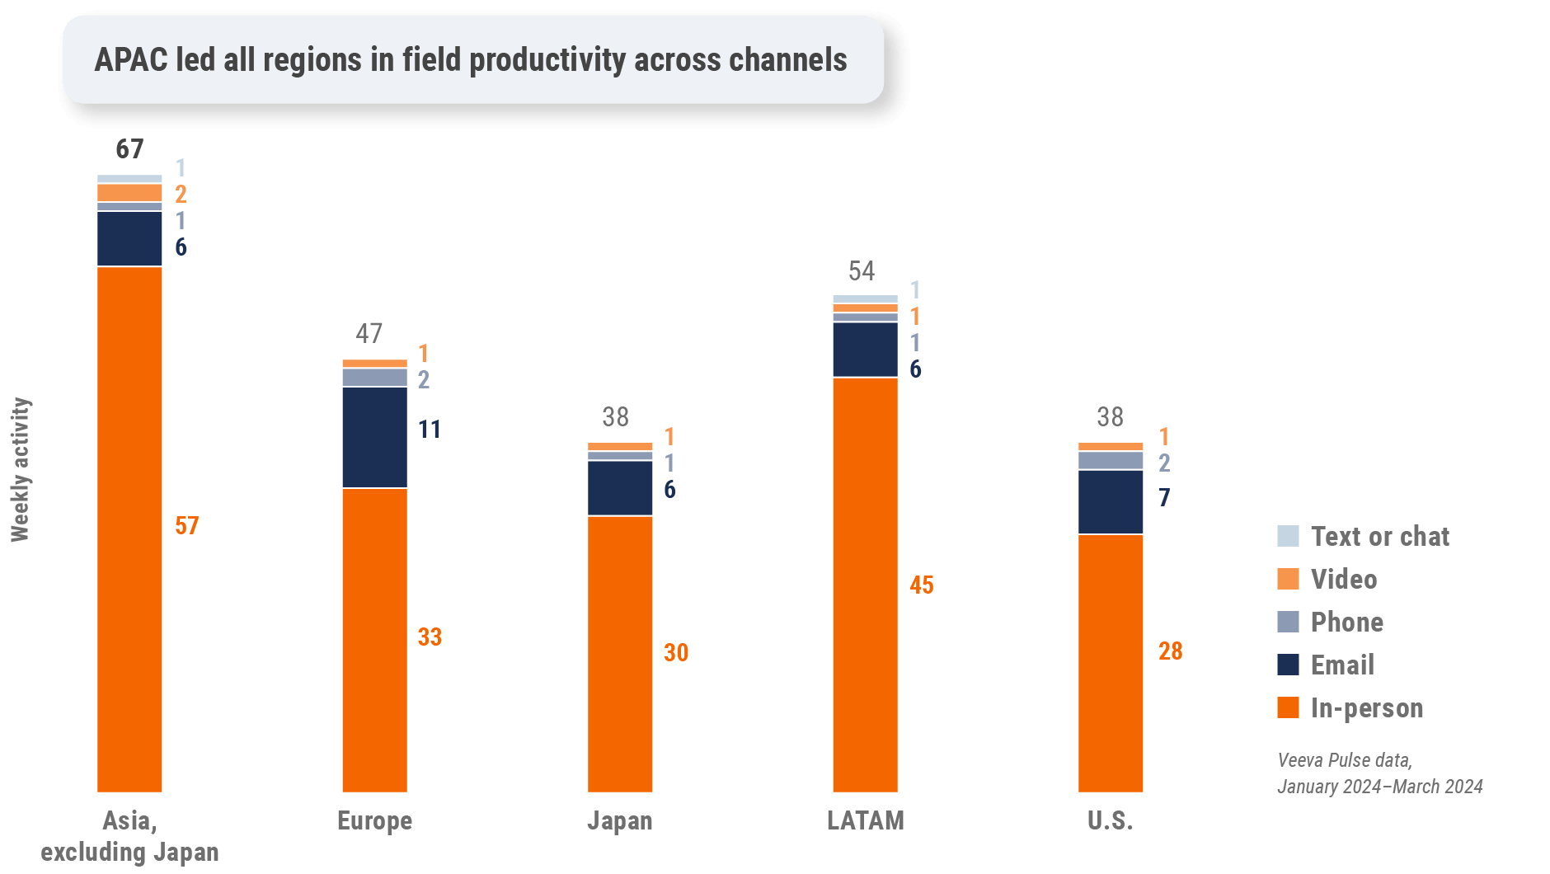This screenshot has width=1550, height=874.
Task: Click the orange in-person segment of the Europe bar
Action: point(374,640)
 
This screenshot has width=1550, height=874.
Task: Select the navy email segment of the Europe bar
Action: point(374,437)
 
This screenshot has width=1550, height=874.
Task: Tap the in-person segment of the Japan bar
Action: point(620,654)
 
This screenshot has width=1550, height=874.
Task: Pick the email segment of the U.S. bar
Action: point(1111,501)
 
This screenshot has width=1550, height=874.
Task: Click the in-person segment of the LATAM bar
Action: point(865,585)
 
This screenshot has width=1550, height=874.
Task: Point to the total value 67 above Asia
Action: point(129,149)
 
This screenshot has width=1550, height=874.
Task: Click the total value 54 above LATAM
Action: point(862,271)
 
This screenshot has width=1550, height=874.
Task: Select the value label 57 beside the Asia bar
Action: point(187,526)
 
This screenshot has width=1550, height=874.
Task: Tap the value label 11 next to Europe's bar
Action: point(429,430)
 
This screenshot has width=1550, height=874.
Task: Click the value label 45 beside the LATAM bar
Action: point(922,585)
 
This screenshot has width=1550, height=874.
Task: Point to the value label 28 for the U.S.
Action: point(1171,651)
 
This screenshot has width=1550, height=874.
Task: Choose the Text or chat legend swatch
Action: point(1288,536)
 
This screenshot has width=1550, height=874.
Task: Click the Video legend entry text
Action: point(1344,580)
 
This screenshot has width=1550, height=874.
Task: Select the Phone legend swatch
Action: point(1288,622)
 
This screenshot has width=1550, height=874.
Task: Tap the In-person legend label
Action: point(1367,708)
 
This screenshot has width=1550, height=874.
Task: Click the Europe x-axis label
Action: point(374,821)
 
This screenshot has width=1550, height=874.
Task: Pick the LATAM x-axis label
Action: point(865,821)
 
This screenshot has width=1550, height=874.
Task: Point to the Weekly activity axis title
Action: point(21,470)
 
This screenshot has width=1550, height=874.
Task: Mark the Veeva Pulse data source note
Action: point(1379,773)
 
